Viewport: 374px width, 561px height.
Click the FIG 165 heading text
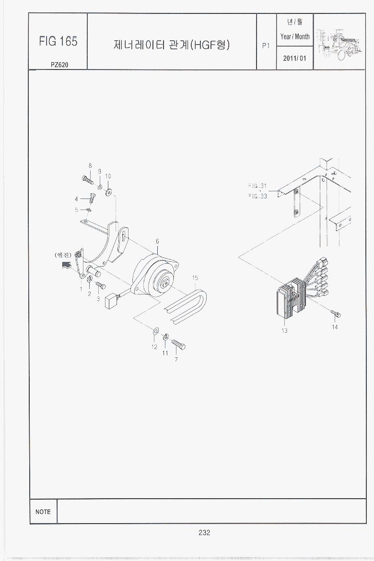pos(58,42)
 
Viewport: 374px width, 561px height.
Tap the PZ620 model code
pos(59,65)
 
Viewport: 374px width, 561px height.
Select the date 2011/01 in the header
pos(294,58)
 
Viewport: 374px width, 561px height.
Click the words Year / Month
pos(295,36)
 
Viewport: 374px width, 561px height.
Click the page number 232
pos(204,532)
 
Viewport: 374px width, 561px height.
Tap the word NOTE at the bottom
pos(43,512)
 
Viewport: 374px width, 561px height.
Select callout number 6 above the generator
pos(157,242)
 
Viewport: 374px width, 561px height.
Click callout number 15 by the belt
pos(195,278)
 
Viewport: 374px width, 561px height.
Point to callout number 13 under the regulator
pos(284,330)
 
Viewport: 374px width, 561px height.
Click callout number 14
pos(335,327)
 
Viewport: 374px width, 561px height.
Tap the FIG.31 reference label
pos(257,186)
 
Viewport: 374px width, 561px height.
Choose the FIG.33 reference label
pos(257,196)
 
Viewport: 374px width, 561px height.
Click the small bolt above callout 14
pos(336,314)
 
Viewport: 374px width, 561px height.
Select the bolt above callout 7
pos(178,344)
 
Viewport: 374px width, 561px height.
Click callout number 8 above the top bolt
pos(90,165)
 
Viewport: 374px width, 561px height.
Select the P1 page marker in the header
pos(266,46)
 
